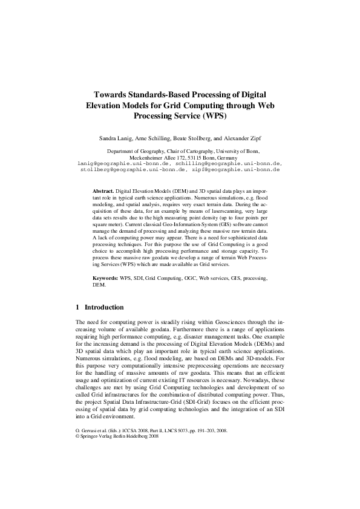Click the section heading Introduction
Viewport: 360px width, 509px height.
(104, 307)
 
